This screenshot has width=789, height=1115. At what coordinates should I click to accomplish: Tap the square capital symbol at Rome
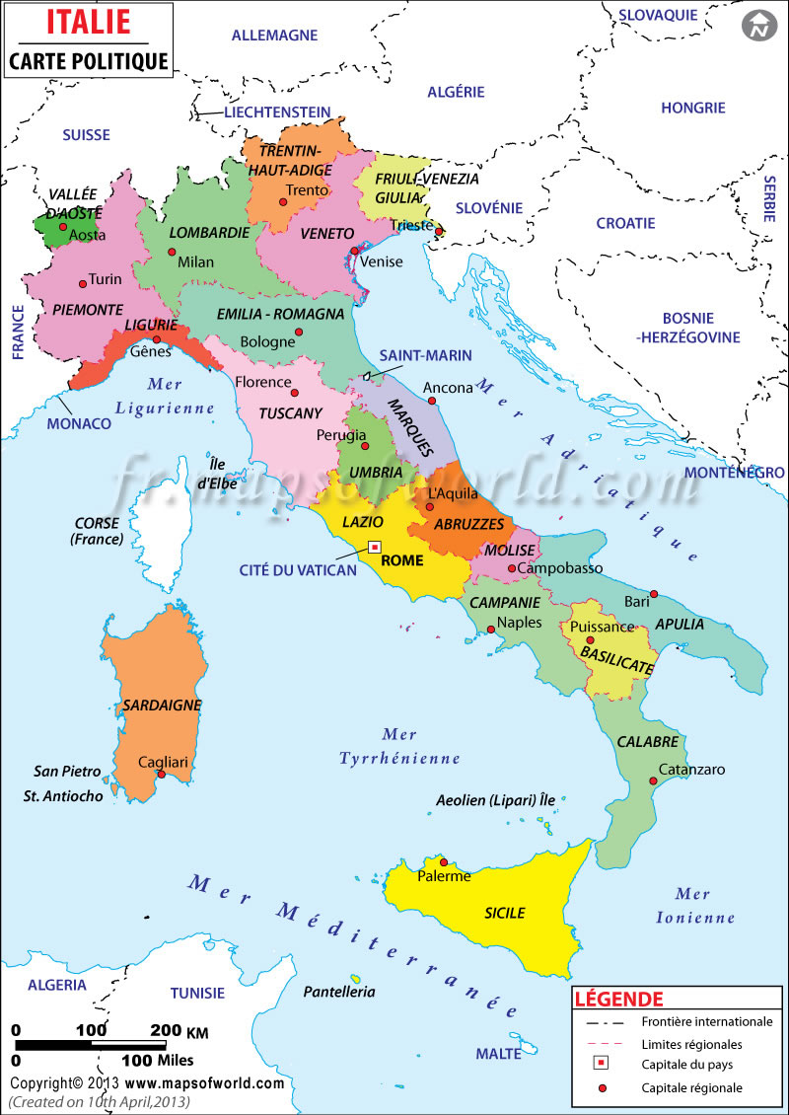coord(375,547)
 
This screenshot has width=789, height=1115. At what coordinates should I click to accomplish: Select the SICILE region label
coord(504,913)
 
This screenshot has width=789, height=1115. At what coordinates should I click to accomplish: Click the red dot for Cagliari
coord(161,775)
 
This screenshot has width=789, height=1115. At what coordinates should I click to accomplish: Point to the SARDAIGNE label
coord(163,706)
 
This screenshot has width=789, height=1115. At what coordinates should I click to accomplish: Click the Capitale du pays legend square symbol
coord(601,1064)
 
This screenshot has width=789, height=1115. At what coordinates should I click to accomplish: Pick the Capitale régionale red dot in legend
coord(601,1087)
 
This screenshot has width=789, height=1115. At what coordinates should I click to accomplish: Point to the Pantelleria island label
coord(339,991)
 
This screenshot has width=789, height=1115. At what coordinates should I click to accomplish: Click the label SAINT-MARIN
coord(425,354)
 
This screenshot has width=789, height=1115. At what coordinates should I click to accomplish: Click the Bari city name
coord(638,601)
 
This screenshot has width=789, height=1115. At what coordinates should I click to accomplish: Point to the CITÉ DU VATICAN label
coord(298,570)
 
